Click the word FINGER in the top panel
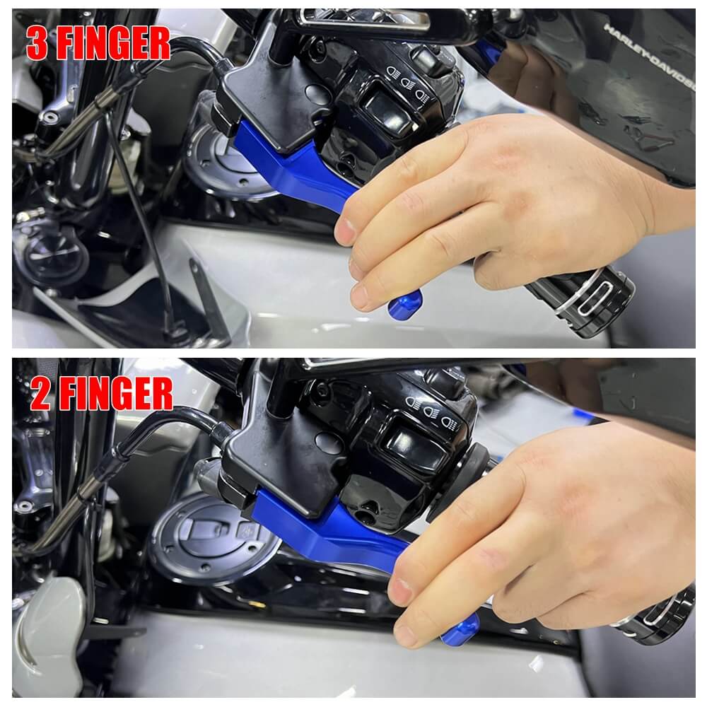112,44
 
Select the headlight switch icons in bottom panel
427,408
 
